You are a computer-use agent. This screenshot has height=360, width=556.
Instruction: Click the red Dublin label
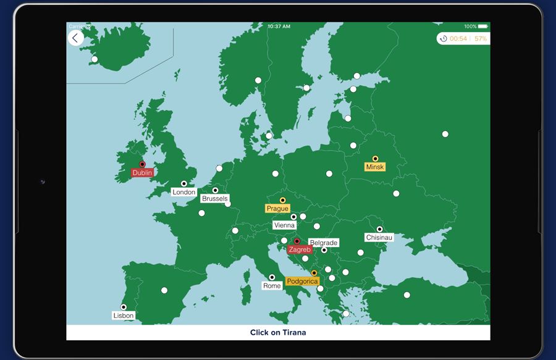[142, 173]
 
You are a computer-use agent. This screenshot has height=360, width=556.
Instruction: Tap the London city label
[183, 192]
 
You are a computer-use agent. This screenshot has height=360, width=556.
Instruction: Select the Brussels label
[214, 199]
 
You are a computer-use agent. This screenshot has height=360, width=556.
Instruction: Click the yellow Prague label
[277, 209]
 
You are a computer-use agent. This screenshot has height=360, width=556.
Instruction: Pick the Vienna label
[284, 225]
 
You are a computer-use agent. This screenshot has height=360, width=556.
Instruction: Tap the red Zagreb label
[300, 249]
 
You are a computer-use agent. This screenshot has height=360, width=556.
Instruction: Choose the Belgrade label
[324, 243]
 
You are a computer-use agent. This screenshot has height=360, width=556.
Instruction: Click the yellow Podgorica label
[302, 281]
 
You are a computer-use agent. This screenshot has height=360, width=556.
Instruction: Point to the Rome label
[272, 285]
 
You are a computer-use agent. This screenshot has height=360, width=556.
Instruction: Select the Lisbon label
[124, 316]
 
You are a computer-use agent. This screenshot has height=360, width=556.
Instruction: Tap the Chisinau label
[379, 237]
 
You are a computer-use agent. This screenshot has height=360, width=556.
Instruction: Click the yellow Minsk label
[375, 167]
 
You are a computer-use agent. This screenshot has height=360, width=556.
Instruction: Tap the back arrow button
[76, 38]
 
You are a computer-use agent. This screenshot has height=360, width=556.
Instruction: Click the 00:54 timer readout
[458, 39]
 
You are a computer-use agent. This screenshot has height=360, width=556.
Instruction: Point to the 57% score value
[481, 39]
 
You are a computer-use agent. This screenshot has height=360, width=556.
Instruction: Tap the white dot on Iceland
[95, 59]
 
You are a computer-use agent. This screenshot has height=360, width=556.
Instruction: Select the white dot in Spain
[164, 290]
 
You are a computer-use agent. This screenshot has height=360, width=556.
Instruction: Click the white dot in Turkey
[407, 295]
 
